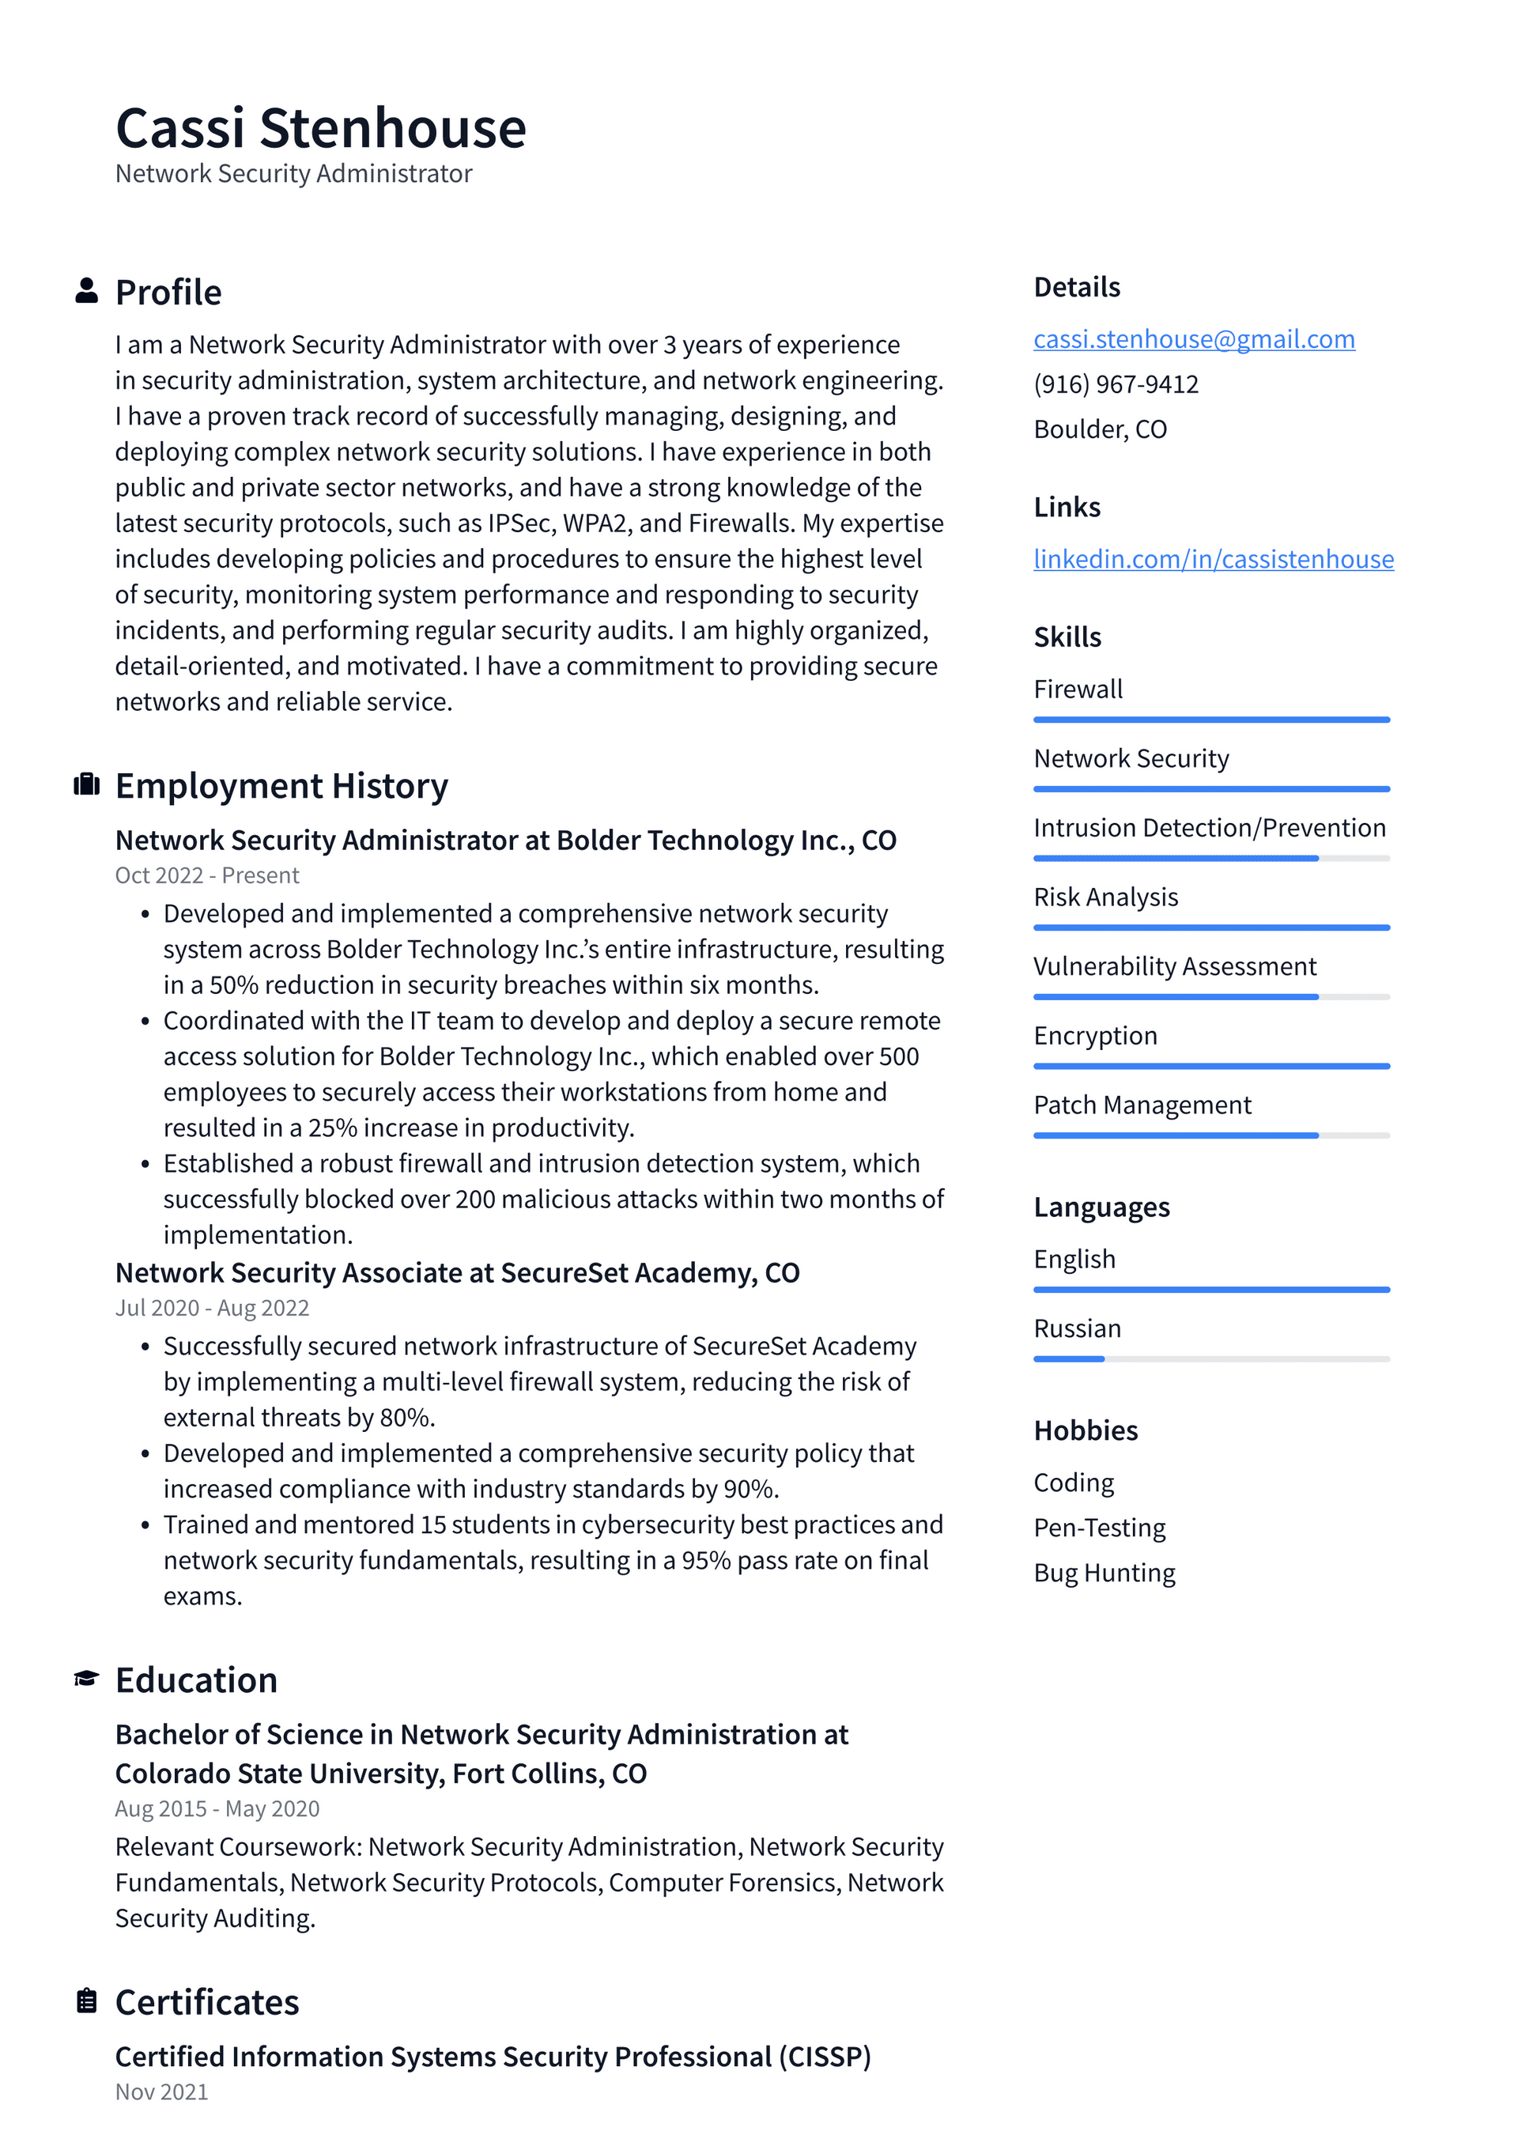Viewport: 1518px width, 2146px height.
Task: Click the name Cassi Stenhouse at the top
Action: coord(321,128)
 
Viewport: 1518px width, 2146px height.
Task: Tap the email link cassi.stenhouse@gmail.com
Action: coord(1194,339)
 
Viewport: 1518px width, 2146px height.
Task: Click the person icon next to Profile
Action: coord(86,291)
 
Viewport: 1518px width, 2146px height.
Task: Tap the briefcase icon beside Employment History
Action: coord(86,784)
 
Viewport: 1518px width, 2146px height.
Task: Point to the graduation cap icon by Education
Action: coord(86,1679)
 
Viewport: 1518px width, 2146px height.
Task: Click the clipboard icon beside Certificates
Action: coord(86,2001)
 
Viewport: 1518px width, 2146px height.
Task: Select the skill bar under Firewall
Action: coord(1210,720)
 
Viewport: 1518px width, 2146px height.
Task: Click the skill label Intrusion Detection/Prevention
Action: coord(1209,828)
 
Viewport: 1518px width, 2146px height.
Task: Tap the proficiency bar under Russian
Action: coord(1210,1359)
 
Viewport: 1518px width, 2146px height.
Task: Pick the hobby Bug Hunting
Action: coord(1104,1573)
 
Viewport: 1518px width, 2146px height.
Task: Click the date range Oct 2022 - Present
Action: coord(206,876)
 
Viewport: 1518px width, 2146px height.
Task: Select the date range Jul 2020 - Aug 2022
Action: coord(211,1308)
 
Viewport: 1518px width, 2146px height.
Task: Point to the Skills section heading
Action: coord(1067,637)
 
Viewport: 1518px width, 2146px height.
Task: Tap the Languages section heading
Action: coord(1101,1207)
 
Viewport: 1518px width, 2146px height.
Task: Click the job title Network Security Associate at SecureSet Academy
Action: coord(456,1273)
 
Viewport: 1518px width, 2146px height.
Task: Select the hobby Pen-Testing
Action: coord(1099,1528)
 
